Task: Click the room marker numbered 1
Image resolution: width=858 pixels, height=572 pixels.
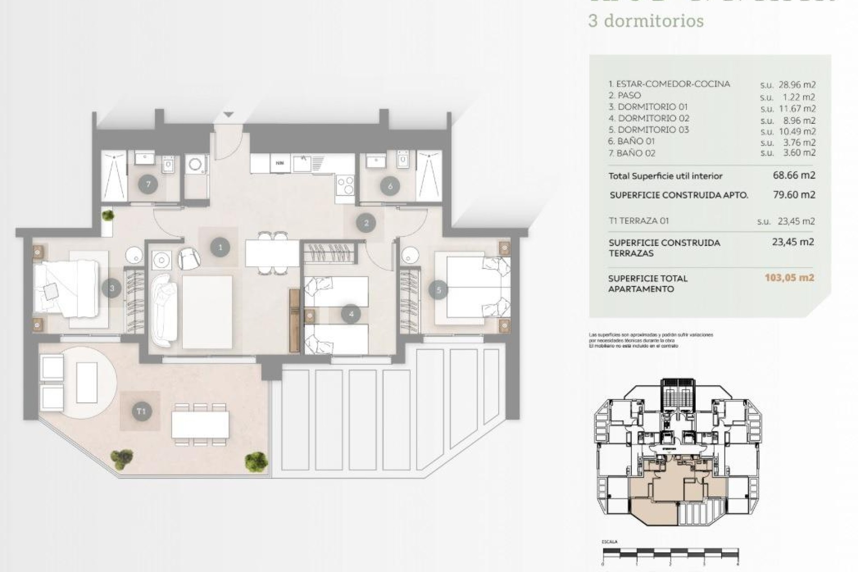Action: point(220,247)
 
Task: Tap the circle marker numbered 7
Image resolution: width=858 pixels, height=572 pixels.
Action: point(148,185)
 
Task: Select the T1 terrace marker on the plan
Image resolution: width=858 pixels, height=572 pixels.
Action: point(141,411)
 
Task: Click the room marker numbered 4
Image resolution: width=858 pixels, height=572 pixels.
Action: point(351,314)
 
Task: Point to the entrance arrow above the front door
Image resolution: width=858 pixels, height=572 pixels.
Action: point(228,115)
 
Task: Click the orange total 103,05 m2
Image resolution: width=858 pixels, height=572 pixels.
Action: point(789,278)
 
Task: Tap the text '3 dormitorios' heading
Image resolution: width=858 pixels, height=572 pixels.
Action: point(646,21)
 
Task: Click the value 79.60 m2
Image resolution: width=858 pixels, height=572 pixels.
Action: point(794,195)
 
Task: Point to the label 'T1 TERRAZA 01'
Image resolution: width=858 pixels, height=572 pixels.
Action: point(639,221)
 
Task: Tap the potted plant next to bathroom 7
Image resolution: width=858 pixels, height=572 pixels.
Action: point(108,216)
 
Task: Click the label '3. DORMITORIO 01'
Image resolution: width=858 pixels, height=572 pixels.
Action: point(648,107)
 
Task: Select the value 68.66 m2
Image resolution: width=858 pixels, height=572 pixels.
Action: point(794,175)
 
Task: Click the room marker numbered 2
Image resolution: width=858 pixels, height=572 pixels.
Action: point(366,223)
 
